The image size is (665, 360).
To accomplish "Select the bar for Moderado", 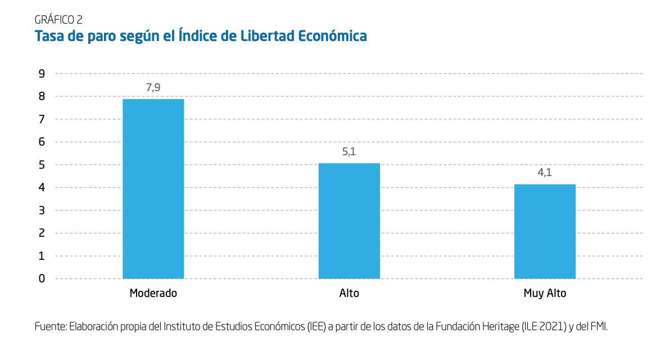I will [153, 188].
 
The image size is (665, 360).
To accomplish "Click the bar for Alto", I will [349, 220].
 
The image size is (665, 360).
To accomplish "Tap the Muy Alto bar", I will [545, 231].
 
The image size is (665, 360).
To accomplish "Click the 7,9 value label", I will [153, 87].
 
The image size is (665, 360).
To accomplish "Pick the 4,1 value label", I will [545, 173].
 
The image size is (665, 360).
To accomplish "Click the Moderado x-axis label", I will [153, 293].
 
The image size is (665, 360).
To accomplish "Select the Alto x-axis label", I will [349, 293].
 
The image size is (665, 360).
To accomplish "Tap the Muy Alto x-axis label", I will [545, 293].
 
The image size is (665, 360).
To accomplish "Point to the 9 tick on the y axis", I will [42, 73].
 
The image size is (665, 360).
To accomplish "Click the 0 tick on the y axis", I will [42, 278].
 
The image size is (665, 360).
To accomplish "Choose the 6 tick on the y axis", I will [42, 142].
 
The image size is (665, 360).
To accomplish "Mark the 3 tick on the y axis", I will [42, 210].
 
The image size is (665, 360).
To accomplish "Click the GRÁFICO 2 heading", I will [58, 20].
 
